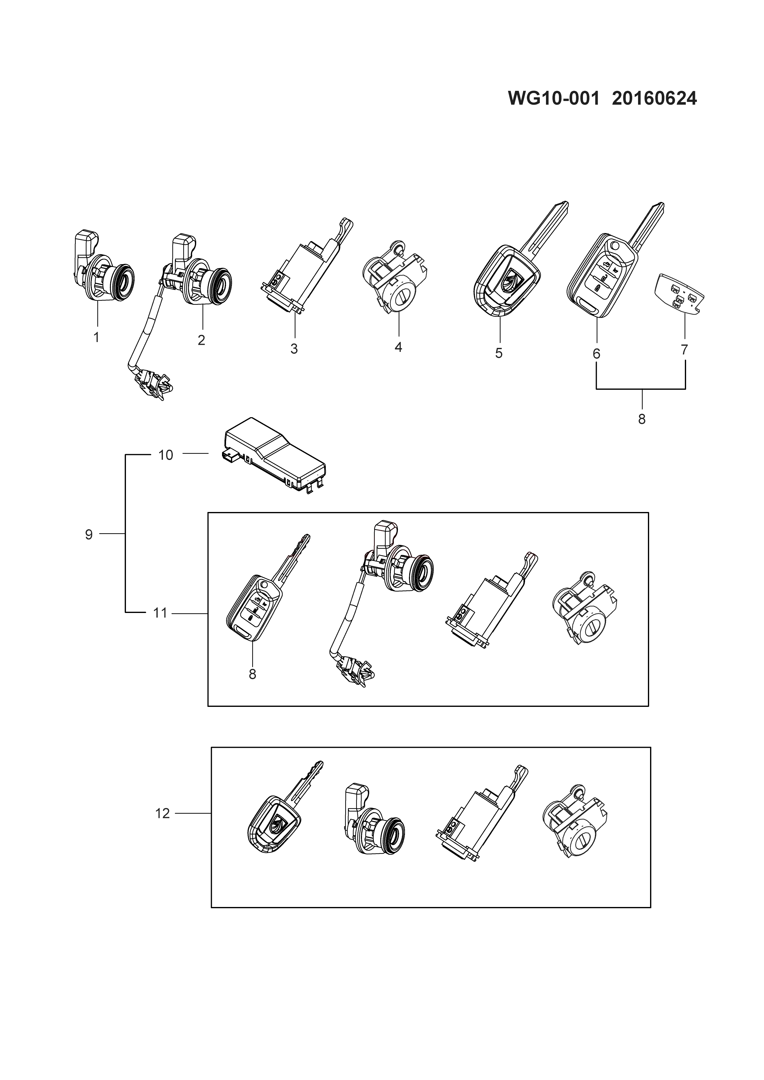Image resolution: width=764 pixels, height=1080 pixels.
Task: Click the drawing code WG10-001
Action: (554, 99)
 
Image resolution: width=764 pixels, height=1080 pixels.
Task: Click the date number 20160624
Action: (654, 99)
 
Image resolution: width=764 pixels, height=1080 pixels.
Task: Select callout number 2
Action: (201, 340)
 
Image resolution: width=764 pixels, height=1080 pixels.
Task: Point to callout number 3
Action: (294, 349)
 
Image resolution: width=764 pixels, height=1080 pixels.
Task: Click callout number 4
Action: (398, 348)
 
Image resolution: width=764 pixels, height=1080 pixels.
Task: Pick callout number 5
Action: (499, 353)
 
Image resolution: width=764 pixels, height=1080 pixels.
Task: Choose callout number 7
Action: (685, 350)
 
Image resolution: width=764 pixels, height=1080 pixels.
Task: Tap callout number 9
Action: (89, 534)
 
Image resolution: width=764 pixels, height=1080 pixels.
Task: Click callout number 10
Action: (166, 455)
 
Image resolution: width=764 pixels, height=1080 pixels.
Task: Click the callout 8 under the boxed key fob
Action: (252, 674)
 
